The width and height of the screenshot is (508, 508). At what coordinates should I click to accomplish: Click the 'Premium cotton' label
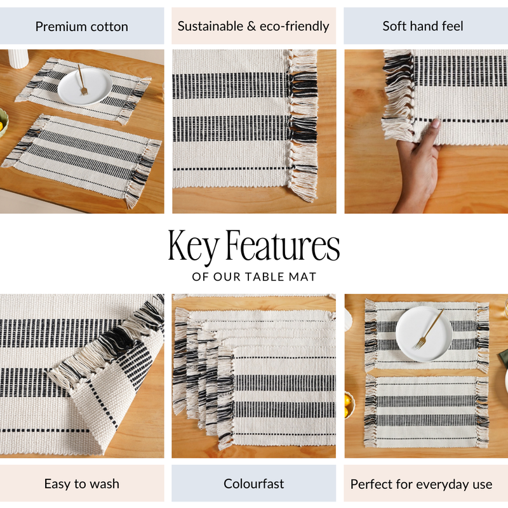point(81,27)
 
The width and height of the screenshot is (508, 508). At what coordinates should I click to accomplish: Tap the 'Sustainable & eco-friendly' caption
point(253,26)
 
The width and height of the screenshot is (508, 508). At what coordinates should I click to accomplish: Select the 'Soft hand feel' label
point(423,26)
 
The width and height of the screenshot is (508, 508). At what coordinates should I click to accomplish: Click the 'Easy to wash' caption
point(81,484)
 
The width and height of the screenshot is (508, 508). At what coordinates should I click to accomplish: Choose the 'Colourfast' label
point(253,484)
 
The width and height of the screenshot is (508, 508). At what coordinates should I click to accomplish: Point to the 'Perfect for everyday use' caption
point(421,485)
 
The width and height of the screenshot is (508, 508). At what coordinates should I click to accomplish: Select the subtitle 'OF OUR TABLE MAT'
point(254,277)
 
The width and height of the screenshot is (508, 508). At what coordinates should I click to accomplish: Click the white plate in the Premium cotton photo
point(84,86)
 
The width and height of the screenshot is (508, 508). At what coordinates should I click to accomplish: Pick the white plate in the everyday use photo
point(424,333)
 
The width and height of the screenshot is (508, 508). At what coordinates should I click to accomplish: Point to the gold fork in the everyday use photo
point(430,328)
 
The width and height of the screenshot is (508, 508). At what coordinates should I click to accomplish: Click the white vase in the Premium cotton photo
point(18,58)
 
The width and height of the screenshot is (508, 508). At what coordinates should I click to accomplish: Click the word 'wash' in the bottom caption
point(104,484)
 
